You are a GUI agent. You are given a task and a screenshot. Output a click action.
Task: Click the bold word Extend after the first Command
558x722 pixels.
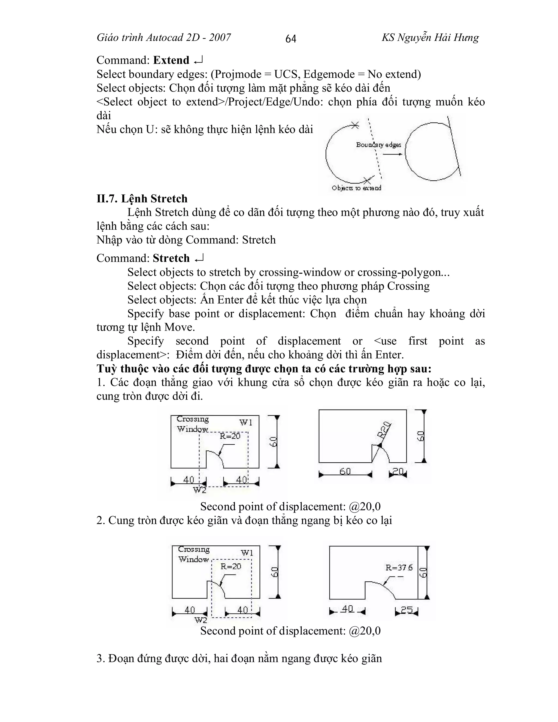[171, 60]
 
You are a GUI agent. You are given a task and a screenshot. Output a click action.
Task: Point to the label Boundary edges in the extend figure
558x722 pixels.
[378, 145]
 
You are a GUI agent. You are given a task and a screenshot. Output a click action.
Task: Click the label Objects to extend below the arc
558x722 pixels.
[356, 188]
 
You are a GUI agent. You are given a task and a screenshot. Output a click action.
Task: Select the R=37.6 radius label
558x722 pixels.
[399, 568]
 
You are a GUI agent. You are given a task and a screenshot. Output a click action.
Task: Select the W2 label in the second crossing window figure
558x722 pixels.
[201, 620]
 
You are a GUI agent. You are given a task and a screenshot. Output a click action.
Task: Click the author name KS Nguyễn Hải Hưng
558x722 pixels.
[430, 38]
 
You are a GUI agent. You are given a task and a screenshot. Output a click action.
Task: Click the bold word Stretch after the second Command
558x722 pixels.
[171, 258]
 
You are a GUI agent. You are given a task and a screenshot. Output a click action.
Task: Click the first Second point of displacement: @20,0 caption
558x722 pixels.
[290, 506]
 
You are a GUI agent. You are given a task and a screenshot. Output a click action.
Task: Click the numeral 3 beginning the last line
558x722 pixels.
[99, 659]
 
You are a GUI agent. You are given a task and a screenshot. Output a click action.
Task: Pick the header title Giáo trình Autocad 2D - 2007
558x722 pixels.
[164, 38]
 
